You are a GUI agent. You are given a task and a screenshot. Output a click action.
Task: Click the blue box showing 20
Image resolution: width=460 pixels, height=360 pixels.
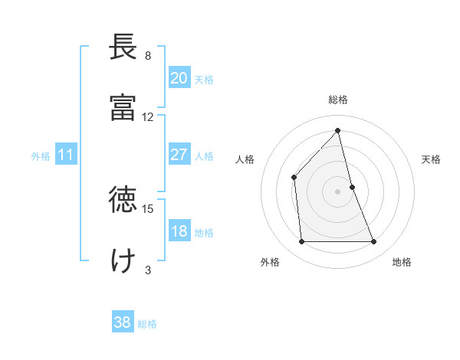(179, 78)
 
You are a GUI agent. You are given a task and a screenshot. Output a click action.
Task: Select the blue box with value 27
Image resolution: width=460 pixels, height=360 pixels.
(179, 155)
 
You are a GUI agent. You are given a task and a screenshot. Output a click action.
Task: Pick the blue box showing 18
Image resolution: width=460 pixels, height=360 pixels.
(179, 231)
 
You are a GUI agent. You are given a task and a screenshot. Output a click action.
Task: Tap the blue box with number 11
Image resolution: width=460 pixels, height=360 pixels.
(65, 155)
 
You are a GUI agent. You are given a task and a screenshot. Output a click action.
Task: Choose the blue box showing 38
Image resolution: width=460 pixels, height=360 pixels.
(122, 322)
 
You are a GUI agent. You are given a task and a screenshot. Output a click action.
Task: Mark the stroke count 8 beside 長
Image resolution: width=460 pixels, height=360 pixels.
(148, 56)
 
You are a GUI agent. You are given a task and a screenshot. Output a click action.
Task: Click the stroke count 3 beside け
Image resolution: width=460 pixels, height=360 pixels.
(148, 270)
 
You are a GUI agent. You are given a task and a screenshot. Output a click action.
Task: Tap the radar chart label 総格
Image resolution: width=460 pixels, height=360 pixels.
(338, 100)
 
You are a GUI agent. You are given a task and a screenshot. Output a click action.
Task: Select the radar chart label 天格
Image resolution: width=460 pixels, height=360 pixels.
(432, 159)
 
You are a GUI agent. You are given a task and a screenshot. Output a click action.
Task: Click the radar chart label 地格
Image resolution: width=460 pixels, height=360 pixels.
(402, 262)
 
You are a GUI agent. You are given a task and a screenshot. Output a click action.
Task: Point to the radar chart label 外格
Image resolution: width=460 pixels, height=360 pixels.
(270, 262)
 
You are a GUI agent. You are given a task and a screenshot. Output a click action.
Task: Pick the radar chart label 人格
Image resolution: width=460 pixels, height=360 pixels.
(245, 159)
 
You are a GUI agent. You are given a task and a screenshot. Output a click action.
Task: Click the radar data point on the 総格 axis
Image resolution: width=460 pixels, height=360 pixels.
(338, 130)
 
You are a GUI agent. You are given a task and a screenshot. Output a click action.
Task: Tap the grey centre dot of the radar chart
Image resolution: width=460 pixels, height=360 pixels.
(338, 191)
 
